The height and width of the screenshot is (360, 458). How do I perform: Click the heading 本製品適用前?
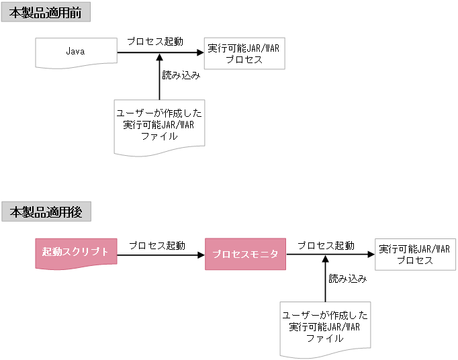[x=46, y=12]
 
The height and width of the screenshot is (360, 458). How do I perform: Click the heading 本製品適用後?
[x=46, y=212]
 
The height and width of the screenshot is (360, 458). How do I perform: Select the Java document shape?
[x=75, y=52]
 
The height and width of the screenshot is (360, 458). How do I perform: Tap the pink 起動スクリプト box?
[x=75, y=253]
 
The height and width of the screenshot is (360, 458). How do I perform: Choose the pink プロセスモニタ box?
[x=245, y=254]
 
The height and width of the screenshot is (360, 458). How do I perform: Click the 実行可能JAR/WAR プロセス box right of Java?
[x=244, y=54]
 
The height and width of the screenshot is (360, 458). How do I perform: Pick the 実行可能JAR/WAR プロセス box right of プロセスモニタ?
[x=414, y=255]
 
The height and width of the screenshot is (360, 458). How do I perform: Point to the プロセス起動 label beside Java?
[x=155, y=41]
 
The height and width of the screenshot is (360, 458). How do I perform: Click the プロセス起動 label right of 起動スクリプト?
[x=157, y=245]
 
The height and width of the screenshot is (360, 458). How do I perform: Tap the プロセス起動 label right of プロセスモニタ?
[x=326, y=245]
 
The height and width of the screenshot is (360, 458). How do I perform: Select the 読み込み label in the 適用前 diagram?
[x=181, y=75]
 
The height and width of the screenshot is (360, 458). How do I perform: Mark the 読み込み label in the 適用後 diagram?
[x=347, y=278]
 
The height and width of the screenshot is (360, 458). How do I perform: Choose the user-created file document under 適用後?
[x=325, y=327]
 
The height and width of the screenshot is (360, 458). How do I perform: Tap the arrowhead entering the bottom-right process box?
[x=370, y=255]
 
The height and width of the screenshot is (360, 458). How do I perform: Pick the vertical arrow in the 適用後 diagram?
[x=326, y=282]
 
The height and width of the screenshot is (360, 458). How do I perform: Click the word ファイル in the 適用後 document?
[x=325, y=339]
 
